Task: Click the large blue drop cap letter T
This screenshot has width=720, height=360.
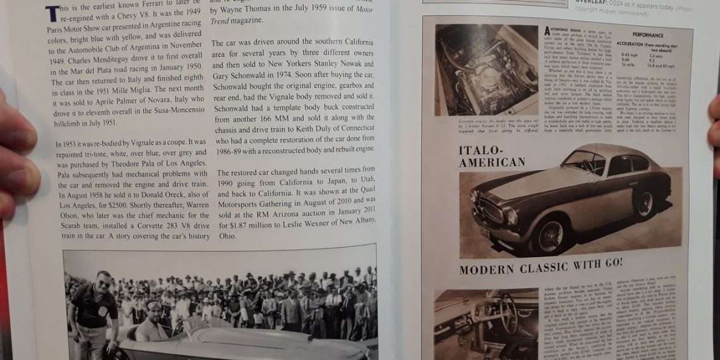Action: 53,13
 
